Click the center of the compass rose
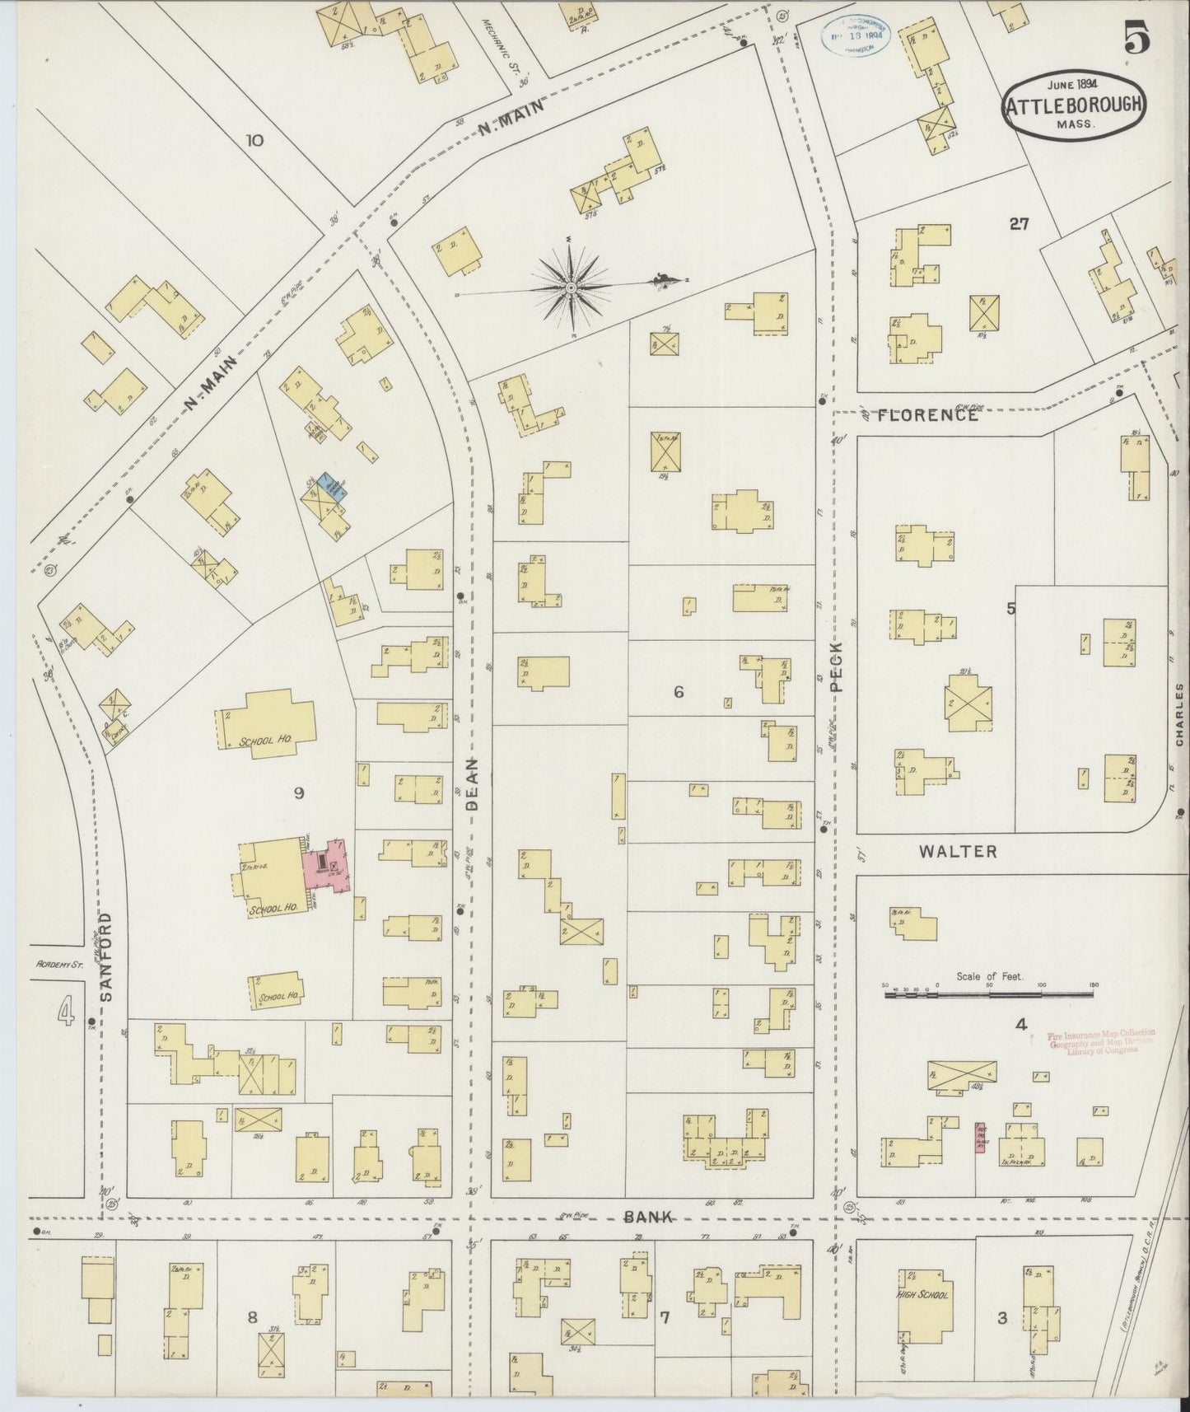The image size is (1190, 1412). coord(570,288)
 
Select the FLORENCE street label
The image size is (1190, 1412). coord(927,415)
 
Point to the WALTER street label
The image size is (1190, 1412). coord(959,852)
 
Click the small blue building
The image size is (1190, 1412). coord(333,486)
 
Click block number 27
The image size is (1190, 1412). coord(1020,222)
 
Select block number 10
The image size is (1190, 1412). coord(254,140)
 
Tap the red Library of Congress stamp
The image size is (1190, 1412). coord(1100,1040)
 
